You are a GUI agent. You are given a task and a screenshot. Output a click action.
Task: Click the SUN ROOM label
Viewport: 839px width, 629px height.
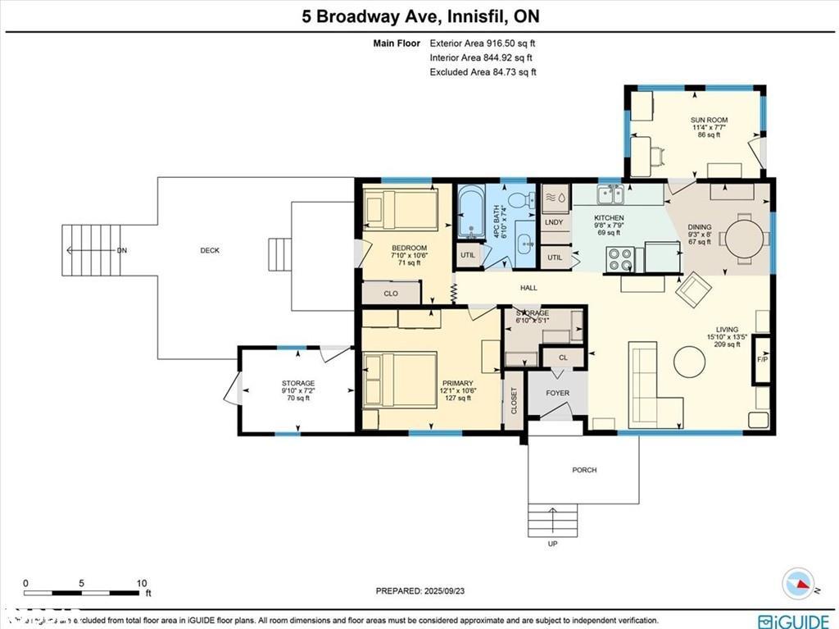709,121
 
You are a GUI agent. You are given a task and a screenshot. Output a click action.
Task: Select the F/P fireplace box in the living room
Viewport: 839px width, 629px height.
762,359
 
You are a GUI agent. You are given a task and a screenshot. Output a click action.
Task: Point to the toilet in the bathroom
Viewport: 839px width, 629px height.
520,199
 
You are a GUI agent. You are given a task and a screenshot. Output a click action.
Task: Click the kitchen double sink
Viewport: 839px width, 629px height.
610,194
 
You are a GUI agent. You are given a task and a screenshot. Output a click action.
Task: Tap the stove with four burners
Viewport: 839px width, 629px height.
619,260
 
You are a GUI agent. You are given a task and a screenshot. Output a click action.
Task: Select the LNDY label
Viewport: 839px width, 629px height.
554,221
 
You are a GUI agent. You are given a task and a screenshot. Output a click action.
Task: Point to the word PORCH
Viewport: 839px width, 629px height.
584,470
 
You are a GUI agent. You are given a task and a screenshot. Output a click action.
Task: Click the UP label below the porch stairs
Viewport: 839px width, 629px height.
553,543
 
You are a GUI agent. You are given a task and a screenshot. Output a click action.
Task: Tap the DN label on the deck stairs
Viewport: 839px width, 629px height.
122,250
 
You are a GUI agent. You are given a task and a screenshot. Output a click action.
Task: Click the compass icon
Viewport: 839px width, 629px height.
799,584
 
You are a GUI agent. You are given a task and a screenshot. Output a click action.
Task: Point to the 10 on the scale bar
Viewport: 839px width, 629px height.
141,583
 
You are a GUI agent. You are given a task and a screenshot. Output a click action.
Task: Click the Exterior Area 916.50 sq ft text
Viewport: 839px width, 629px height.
483,43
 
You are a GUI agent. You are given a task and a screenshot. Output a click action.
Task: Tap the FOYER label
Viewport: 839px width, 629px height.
558,393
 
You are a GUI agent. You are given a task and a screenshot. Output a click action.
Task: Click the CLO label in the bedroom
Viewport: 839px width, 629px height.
391,293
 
